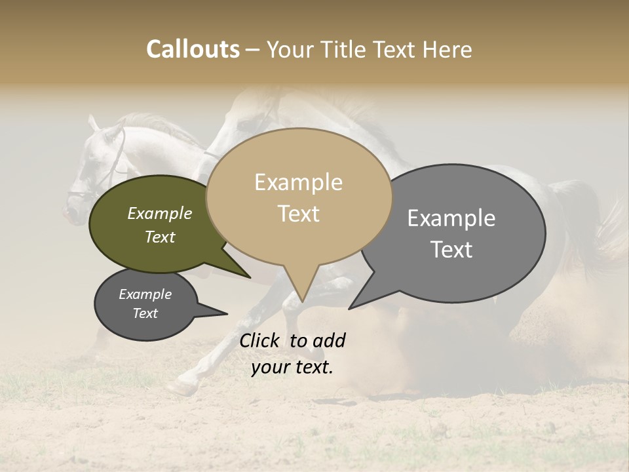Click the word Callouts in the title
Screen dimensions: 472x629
(193, 49)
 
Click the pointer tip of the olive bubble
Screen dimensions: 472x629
(251, 278)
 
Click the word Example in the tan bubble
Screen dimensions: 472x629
(298, 182)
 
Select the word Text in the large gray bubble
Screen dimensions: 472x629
(451, 250)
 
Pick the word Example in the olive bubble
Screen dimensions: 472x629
(160, 213)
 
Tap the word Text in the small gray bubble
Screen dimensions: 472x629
(145, 313)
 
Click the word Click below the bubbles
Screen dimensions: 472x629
(261, 340)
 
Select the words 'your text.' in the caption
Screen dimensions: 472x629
(292, 367)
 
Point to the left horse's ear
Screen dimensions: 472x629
(92, 123)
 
